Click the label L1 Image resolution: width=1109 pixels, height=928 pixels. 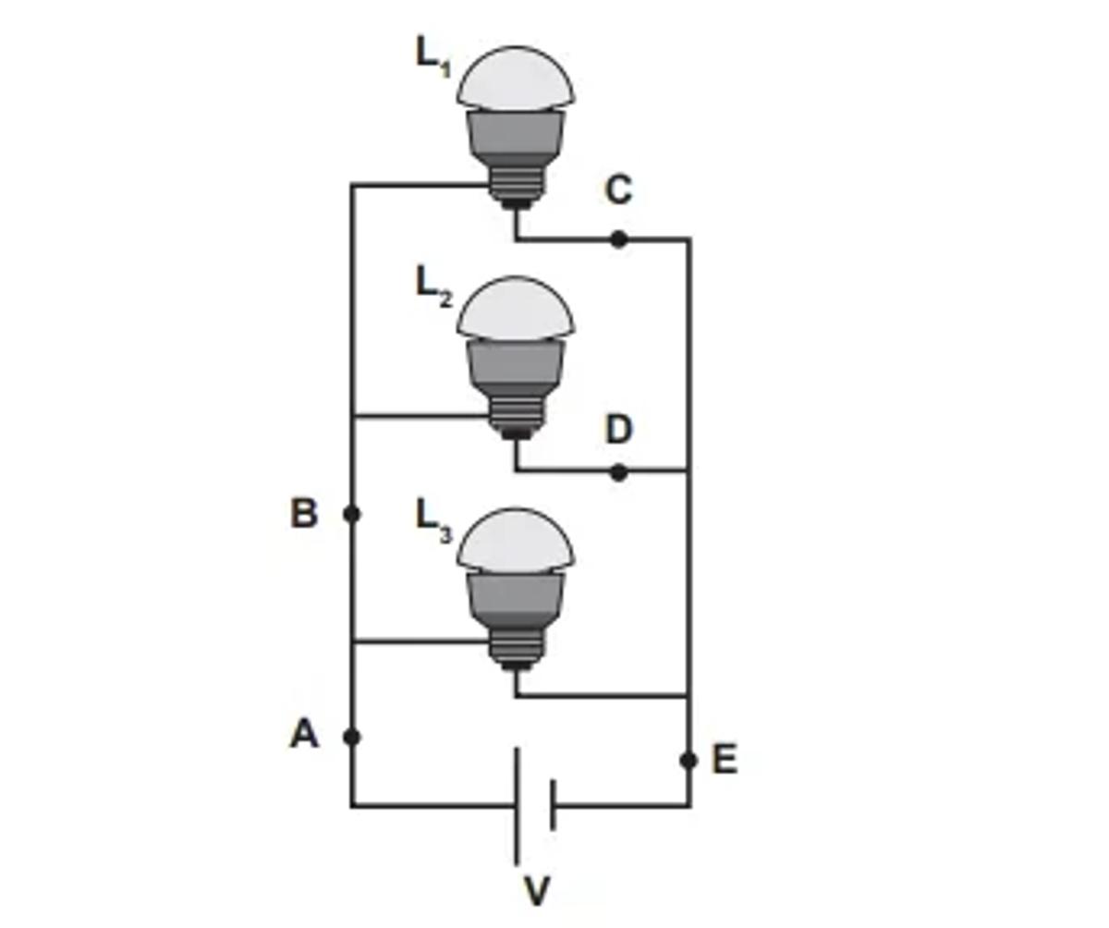(x=433, y=57)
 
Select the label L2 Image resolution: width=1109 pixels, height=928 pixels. (x=433, y=287)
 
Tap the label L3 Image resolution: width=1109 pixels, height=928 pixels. (x=433, y=519)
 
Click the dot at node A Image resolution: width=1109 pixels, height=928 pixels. (x=351, y=737)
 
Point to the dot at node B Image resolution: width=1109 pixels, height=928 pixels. (x=351, y=514)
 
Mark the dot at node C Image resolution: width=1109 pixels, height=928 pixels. (x=618, y=239)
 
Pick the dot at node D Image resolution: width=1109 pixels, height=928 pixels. (x=618, y=472)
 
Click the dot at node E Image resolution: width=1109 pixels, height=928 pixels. (x=689, y=760)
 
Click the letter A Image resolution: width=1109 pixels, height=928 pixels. (x=304, y=735)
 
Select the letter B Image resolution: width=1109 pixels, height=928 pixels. (x=304, y=513)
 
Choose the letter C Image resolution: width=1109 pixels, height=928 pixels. (x=618, y=190)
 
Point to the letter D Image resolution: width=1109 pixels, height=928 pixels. (x=618, y=430)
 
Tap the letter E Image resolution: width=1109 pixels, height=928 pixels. (x=725, y=760)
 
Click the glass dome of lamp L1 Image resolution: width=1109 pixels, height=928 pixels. (x=516, y=79)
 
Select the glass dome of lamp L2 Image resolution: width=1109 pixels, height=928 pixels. (x=516, y=310)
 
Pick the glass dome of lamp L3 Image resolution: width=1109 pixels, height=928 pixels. (x=516, y=541)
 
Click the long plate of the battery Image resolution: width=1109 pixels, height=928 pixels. (x=518, y=805)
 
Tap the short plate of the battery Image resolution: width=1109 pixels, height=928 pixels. (x=552, y=805)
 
